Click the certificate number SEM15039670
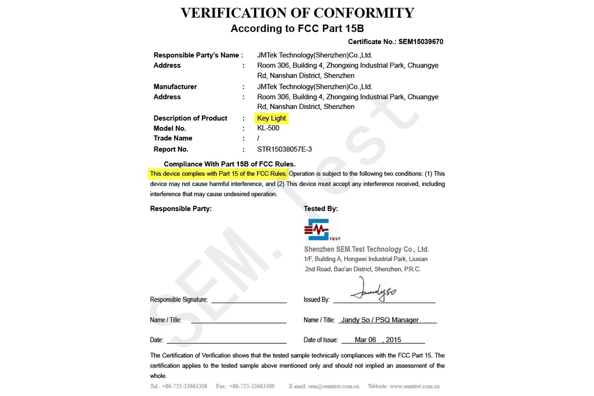tap(421, 42)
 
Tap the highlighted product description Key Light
tap(271, 118)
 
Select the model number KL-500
tap(268, 128)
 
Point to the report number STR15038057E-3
tap(284, 149)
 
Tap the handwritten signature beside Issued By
tap(376, 290)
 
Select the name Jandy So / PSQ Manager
tap(380, 320)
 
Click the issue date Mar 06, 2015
tap(378, 340)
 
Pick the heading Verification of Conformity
tap(297, 13)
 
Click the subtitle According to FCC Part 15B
tap(297, 28)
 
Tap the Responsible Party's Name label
tap(197, 55)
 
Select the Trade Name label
tap(173, 139)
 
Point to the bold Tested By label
tap(320, 209)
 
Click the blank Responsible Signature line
tap(248, 300)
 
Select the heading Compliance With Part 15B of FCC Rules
tap(229, 164)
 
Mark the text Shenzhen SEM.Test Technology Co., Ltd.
tap(366, 249)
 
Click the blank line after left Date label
tap(226, 341)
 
